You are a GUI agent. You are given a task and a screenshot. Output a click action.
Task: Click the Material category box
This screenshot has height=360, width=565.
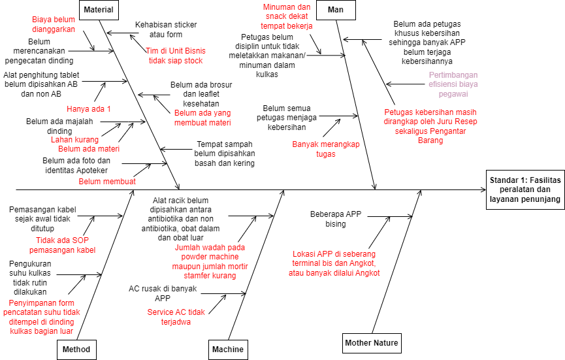tap(99, 10)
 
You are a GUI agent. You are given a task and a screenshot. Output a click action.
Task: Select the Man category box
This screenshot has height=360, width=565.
tap(331, 10)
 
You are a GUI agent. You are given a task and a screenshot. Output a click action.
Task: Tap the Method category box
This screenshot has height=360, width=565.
tap(76, 350)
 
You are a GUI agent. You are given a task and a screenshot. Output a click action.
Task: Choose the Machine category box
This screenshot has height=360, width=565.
tap(228, 350)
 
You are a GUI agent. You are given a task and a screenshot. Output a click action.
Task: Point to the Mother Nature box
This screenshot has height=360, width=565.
tap(372, 343)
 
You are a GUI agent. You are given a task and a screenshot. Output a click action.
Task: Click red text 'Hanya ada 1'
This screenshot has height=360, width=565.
tap(89, 108)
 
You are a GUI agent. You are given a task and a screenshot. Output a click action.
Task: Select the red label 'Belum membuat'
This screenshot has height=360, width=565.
tap(107, 182)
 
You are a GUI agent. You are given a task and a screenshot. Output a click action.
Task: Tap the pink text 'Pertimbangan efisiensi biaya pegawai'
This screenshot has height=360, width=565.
tap(453, 84)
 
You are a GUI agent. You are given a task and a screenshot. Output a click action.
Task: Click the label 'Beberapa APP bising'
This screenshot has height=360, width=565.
tap(335, 219)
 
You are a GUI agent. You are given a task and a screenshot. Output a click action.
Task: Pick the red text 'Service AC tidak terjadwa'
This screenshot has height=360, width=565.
tap(176, 318)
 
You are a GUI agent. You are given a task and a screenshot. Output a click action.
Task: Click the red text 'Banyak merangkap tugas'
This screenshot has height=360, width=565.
tap(325, 149)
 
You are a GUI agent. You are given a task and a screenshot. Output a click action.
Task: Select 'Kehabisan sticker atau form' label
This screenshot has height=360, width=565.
tap(166, 29)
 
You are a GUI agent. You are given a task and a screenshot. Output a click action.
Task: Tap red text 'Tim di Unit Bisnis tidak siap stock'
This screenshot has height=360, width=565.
tap(175, 56)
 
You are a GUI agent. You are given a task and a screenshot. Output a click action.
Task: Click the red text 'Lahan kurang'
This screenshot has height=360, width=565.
tap(74, 139)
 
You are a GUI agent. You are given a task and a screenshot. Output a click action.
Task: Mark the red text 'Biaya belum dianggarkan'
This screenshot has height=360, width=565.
tap(54, 24)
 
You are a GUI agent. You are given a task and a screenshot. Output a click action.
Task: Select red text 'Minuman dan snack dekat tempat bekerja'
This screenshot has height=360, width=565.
tap(286, 16)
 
